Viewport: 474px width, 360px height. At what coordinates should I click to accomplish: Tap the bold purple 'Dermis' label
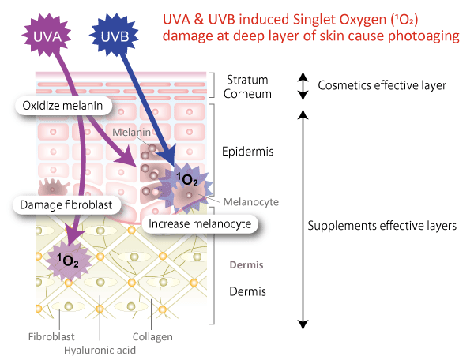(x=246, y=265)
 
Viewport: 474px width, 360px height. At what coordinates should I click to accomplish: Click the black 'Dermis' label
(x=246, y=291)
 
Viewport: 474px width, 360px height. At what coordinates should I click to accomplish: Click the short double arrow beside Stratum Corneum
(x=302, y=86)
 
